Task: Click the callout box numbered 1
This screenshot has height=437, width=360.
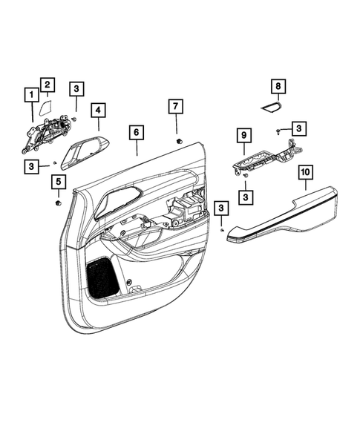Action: (x=31, y=95)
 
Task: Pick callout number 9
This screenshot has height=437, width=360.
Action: (x=242, y=135)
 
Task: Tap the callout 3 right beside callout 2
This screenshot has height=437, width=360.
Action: (x=76, y=90)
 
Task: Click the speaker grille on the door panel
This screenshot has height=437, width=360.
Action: (x=103, y=276)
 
